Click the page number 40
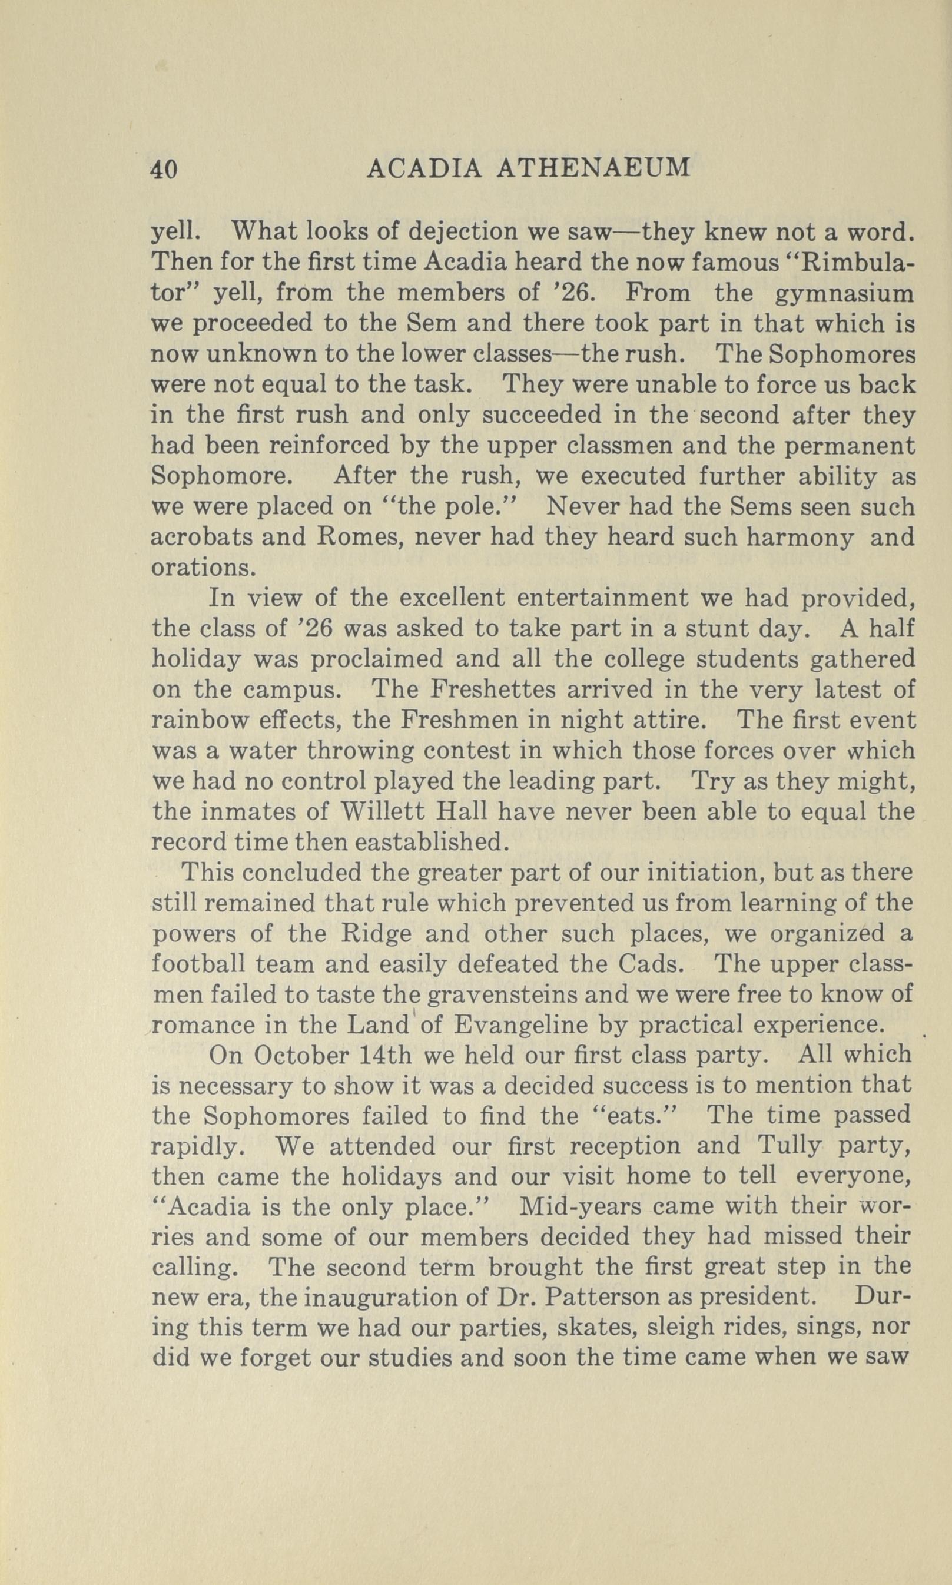point(164,170)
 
